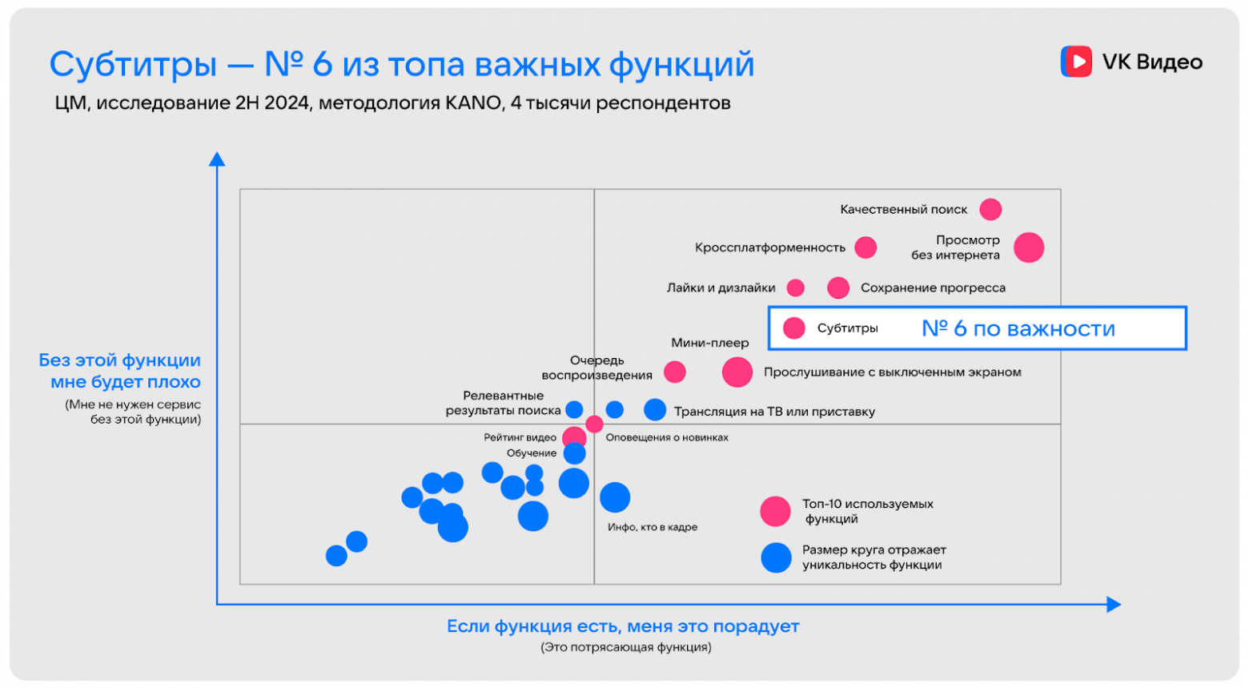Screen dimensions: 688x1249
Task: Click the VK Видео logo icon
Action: pyautogui.click(x=1076, y=62)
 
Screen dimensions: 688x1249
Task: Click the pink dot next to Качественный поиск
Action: pyautogui.click(x=990, y=209)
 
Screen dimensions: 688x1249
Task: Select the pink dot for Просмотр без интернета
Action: pyautogui.click(x=1029, y=247)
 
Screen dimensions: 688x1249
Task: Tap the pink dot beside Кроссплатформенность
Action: pyautogui.click(x=865, y=247)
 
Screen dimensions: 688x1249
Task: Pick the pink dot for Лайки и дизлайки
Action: pyautogui.click(x=795, y=288)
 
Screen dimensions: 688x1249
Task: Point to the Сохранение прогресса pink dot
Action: pyautogui.click(x=838, y=288)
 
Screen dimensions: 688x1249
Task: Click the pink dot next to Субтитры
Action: pyautogui.click(x=793, y=328)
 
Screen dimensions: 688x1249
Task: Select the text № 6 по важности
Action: pyautogui.click(x=1018, y=328)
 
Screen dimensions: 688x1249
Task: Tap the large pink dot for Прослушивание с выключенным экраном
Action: pyautogui.click(x=737, y=372)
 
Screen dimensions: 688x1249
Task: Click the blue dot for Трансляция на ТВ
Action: pyautogui.click(x=655, y=409)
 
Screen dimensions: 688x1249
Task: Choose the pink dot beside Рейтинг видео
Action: pyautogui.click(x=573, y=437)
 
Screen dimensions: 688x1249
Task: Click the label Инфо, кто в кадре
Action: pyautogui.click(x=653, y=527)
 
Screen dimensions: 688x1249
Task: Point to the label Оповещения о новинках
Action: pyautogui.click(x=667, y=437)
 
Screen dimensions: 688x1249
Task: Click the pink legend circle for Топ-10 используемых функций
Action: pyautogui.click(x=775, y=511)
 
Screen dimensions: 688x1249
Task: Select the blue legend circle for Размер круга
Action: pyautogui.click(x=776, y=557)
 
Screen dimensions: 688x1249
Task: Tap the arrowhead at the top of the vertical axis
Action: pyautogui.click(x=217, y=159)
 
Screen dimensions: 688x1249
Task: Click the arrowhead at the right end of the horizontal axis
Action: pyautogui.click(x=1114, y=605)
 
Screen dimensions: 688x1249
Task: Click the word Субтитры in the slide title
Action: pyautogui.click(x=133, y=64)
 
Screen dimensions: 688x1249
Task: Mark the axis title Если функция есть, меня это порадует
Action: pyautogui.click(x=623, y=626)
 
